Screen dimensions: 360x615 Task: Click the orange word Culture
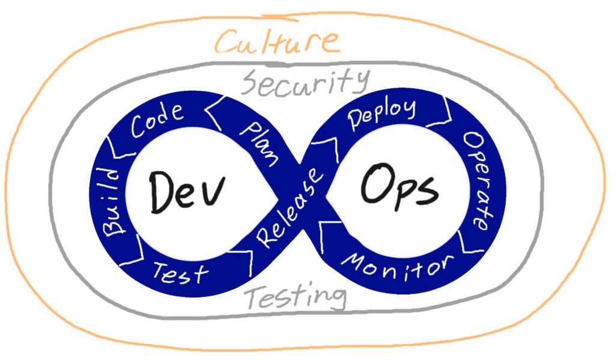pyautogui.click(x=277, y=42)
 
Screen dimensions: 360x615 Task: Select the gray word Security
pyautogui.click(x=303, y=83)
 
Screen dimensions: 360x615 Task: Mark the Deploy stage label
pyautogui.click(x=382, y=115)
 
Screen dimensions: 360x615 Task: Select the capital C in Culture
pyautogui.click(x=226, y=43)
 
